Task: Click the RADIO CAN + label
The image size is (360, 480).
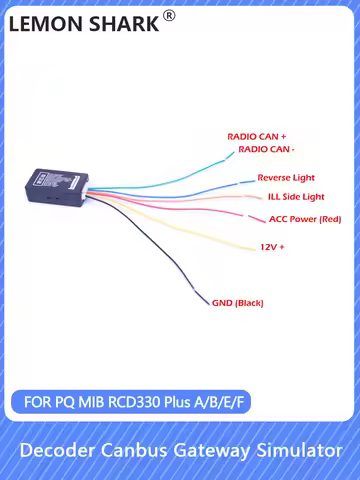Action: [x=256, y=135]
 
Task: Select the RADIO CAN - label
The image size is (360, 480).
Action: [x=266, y=149]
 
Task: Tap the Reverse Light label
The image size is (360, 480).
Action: [x=286, y=177]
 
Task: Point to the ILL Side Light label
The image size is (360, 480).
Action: [x=296, y=197]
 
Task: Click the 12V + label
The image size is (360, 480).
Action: [x=273, y=246]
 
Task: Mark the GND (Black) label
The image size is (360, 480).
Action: [x=238, y=302]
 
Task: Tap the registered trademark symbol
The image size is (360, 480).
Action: [x=169, y=15]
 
